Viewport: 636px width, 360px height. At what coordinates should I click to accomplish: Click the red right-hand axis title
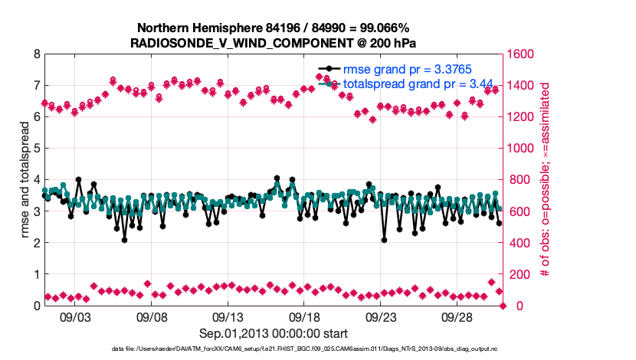(546, 180)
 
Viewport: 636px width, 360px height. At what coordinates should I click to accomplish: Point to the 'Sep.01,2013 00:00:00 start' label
(274, 333)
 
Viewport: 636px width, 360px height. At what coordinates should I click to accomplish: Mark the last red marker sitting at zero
(503, 306)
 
